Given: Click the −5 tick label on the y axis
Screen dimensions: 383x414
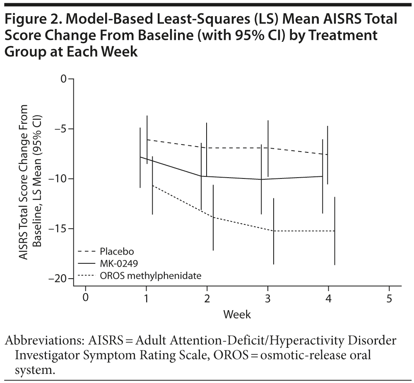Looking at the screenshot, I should coord(61,129).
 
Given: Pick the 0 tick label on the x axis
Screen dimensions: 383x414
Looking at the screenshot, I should coord(86,299).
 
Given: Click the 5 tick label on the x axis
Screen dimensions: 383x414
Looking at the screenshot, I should coord(389,299).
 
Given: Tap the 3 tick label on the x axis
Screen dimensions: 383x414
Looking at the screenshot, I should coord(267,299).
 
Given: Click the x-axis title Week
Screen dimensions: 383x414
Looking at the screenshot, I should coord(237,315).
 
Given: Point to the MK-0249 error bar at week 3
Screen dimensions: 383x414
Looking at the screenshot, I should coord(261,179).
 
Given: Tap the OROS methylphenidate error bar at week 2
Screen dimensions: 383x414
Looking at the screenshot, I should coord(213,217).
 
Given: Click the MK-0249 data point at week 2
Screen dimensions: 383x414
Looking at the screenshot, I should coord(201,176).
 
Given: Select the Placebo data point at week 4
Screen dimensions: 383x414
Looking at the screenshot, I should coord(327,154).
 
